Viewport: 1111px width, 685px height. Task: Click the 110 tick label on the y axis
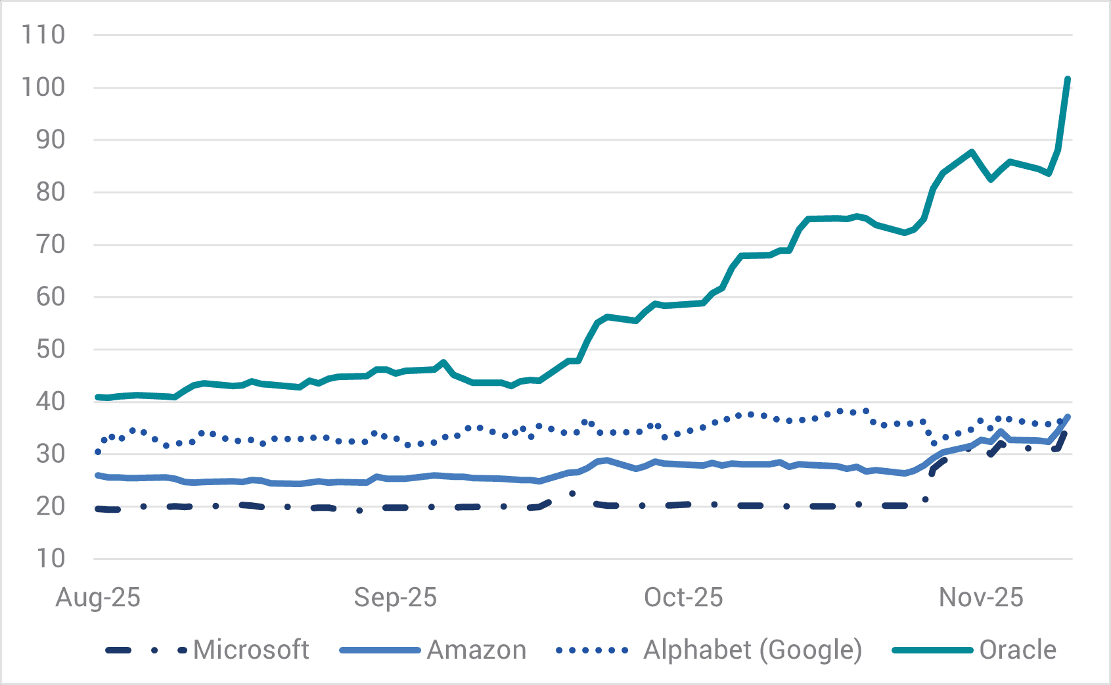point(43,35)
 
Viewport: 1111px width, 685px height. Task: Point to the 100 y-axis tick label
point(43,87)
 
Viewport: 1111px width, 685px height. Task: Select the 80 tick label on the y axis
point(50,192)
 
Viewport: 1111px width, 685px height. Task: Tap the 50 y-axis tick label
point(50,349)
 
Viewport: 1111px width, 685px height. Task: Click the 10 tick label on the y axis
point(50,559)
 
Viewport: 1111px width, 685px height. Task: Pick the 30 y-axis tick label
point(50,454)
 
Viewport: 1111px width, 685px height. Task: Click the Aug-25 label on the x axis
point(98,598)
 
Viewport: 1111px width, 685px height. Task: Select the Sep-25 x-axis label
point(395,598)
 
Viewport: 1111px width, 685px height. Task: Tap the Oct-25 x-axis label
point(683,598)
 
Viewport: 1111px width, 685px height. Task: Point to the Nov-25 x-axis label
point(981,598)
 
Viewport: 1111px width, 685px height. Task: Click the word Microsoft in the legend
point(251,650)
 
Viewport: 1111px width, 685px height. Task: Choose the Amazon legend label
point(477,650)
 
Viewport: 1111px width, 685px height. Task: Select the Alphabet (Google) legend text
point(752,650)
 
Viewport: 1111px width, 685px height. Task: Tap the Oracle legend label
point(1018,650)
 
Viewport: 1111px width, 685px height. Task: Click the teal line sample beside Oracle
point(932,651)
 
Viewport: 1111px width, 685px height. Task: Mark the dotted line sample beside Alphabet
point(592,651)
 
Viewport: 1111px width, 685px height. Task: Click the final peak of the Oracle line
point(1068,79)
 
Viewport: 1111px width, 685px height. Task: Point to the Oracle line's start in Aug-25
point(98,397)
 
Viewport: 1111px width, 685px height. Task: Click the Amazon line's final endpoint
point(1068,417)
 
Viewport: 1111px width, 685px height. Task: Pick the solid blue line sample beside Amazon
point(380,651)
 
